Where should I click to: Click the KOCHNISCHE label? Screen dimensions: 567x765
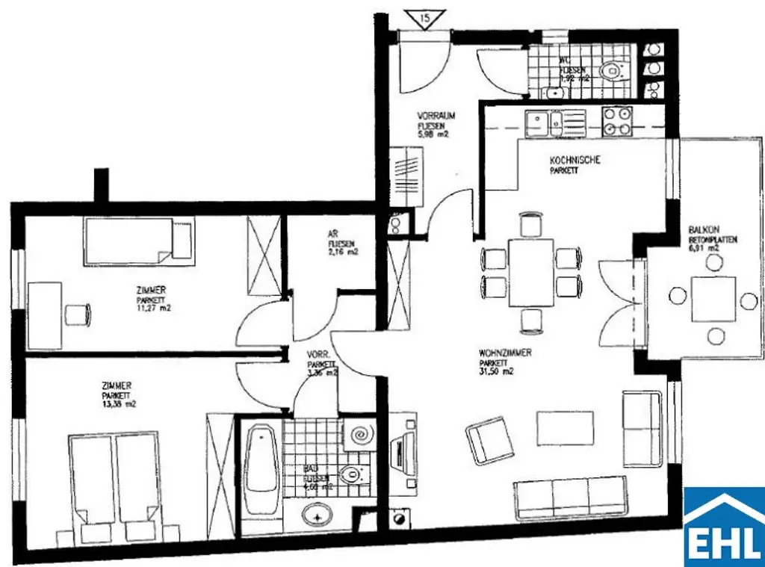tap(574, 161)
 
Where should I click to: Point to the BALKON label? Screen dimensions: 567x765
tap(704, 230)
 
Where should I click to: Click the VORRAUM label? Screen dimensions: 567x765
tap(436, 117)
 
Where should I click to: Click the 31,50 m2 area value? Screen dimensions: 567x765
tap(497, 371)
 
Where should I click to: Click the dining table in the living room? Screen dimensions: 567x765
tap(530, 272)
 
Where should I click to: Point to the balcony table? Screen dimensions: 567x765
tap(713, 298)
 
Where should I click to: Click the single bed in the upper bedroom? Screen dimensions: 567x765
tap(139, 241)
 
